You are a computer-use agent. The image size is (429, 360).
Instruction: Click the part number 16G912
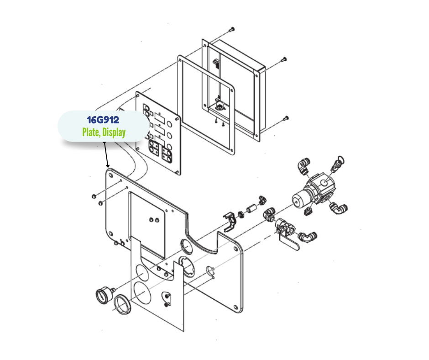point(103,120)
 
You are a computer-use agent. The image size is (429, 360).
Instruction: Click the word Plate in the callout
point(91,132)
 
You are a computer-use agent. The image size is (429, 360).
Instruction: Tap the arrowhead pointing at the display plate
point(108,166)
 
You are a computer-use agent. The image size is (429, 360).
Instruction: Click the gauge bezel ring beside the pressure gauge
point(122,304)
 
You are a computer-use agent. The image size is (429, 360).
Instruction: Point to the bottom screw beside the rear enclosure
point(286,118)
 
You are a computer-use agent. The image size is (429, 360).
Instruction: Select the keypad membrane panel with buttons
point(158,133)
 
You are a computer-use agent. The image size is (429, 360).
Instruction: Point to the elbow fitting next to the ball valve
point(308,237)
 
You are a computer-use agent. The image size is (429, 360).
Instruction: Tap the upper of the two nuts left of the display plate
point(93,196)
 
